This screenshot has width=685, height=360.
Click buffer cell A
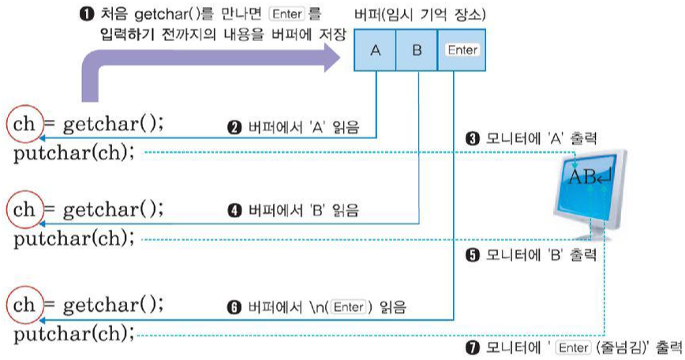376,50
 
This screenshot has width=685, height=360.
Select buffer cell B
417,50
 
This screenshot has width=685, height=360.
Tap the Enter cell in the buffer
461,50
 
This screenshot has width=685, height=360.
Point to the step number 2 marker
234,127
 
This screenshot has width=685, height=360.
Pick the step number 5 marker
473,255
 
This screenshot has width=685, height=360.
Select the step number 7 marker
473,347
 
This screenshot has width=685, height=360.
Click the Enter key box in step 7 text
571,347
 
